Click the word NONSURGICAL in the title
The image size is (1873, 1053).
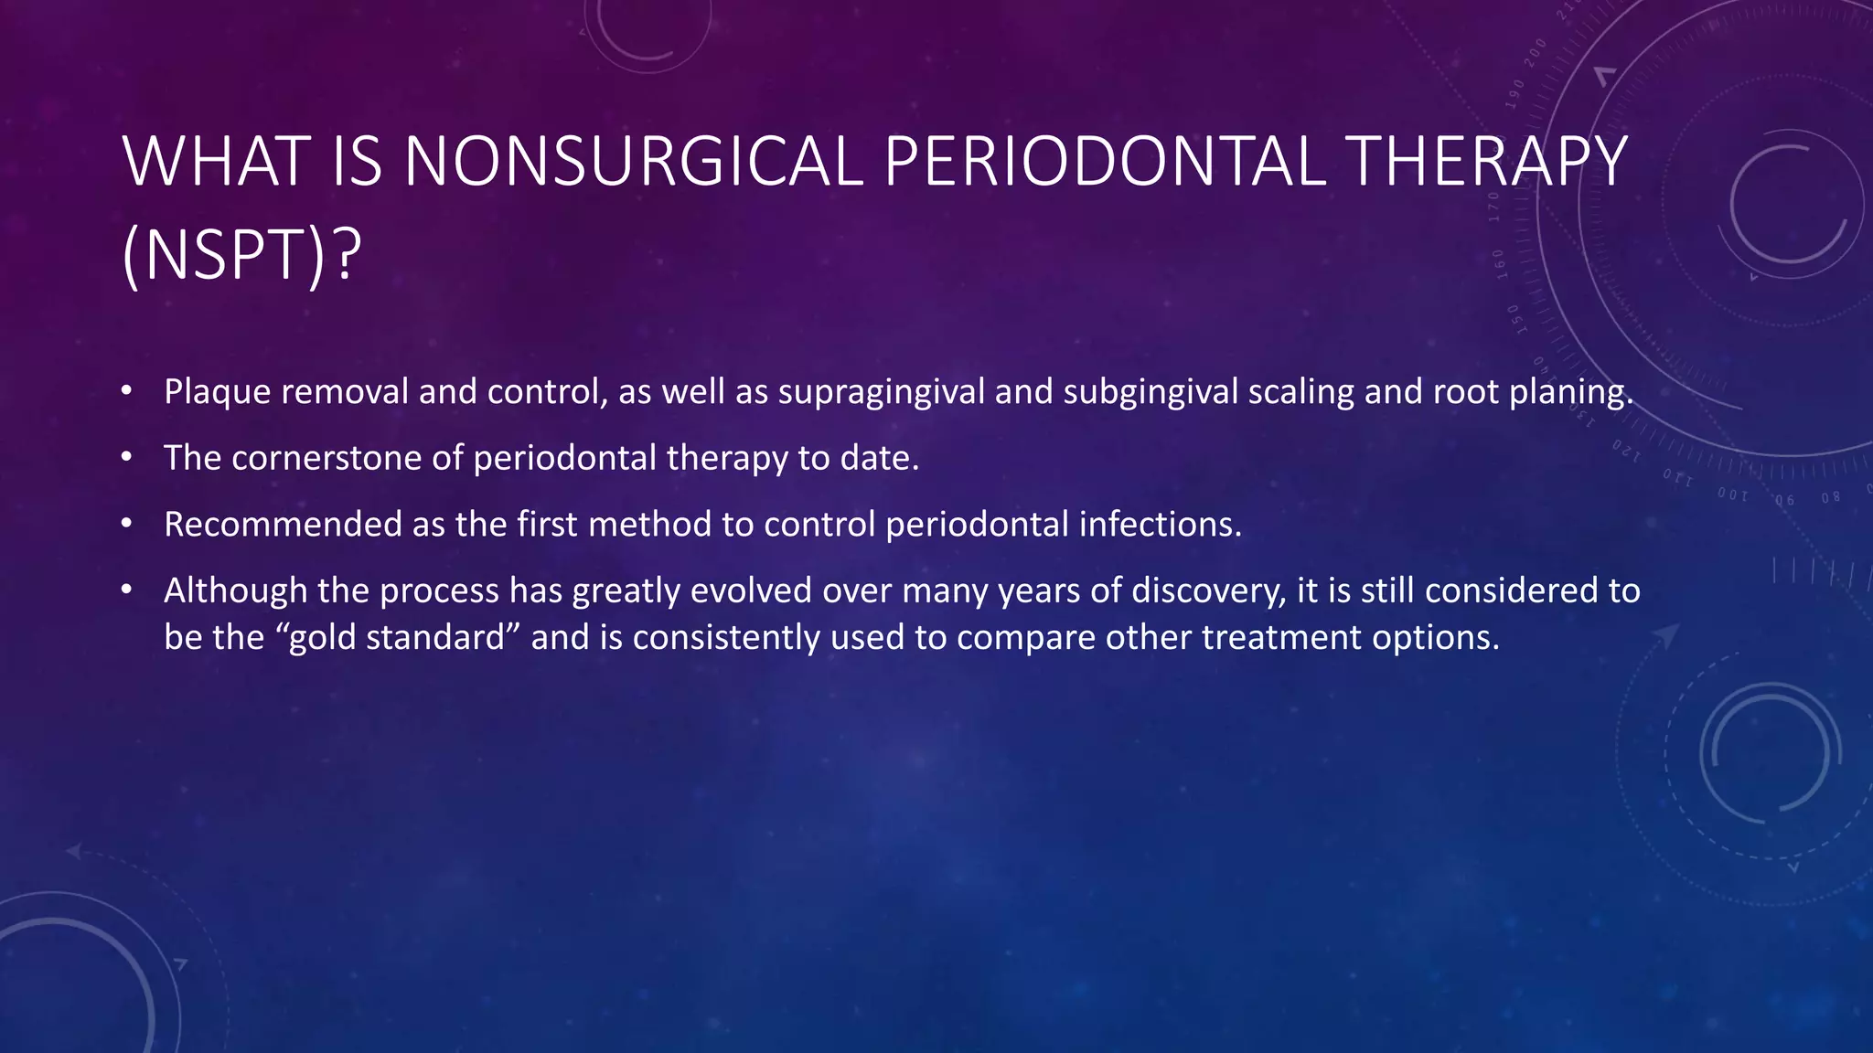pos(633,162)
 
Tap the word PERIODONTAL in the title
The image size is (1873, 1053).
pos(1104,162)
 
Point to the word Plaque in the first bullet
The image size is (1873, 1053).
pos(217,392)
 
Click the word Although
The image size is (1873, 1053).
pos(235,591)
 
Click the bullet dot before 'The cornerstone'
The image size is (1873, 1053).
pos(126,456)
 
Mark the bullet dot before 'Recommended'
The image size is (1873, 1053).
pos(126,523)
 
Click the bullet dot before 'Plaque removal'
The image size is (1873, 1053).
pos(126,390)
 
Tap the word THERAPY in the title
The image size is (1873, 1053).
pos(1488,162)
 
